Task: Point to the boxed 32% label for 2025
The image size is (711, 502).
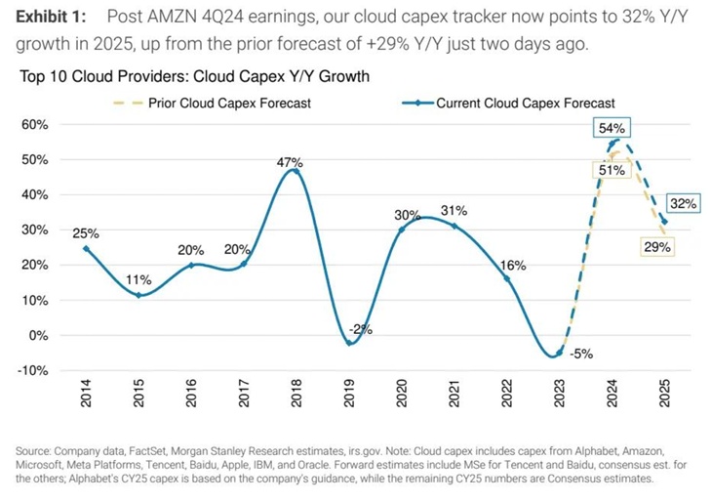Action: tap(683, 204)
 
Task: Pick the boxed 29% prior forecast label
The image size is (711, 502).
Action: tap(656, 247)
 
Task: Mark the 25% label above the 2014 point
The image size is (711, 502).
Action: tap(87, 232)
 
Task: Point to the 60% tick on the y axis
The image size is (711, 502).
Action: tap(35, 124)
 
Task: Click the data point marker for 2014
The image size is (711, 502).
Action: tap(86, 248)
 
